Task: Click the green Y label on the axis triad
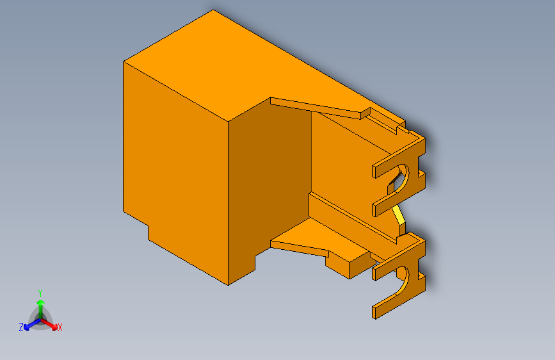tap(40, 291)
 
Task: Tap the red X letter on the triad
tap(60, 328)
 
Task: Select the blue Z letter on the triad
tap(21, 327)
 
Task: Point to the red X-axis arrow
tap(51, 323)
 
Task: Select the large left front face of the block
tap(176, 167)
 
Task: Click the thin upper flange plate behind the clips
tap(317, 106)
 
